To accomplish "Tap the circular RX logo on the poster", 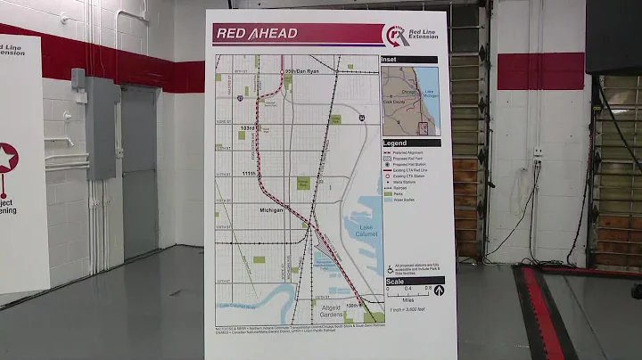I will pyautogui.click(x=395, y=35).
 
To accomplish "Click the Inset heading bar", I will pyautogui.click(x=409, y=60).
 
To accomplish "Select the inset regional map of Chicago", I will pyautogui.click(x=410, y=100).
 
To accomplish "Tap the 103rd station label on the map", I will pyautogui.click(x=248, y=128).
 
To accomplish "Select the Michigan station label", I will pyautogui.click(x=271, y=210).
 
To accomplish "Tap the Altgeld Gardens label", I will pyautogui.click(x=331, y=310).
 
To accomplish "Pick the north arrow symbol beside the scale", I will pyautogui.click(x=439, y=290).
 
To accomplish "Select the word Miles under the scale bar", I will pyautogui.click(x=407, y=299).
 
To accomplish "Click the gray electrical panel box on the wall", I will pyautogui.click(x=101, y=127).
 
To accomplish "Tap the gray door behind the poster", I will pyautogui.click(x=139, y=169).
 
